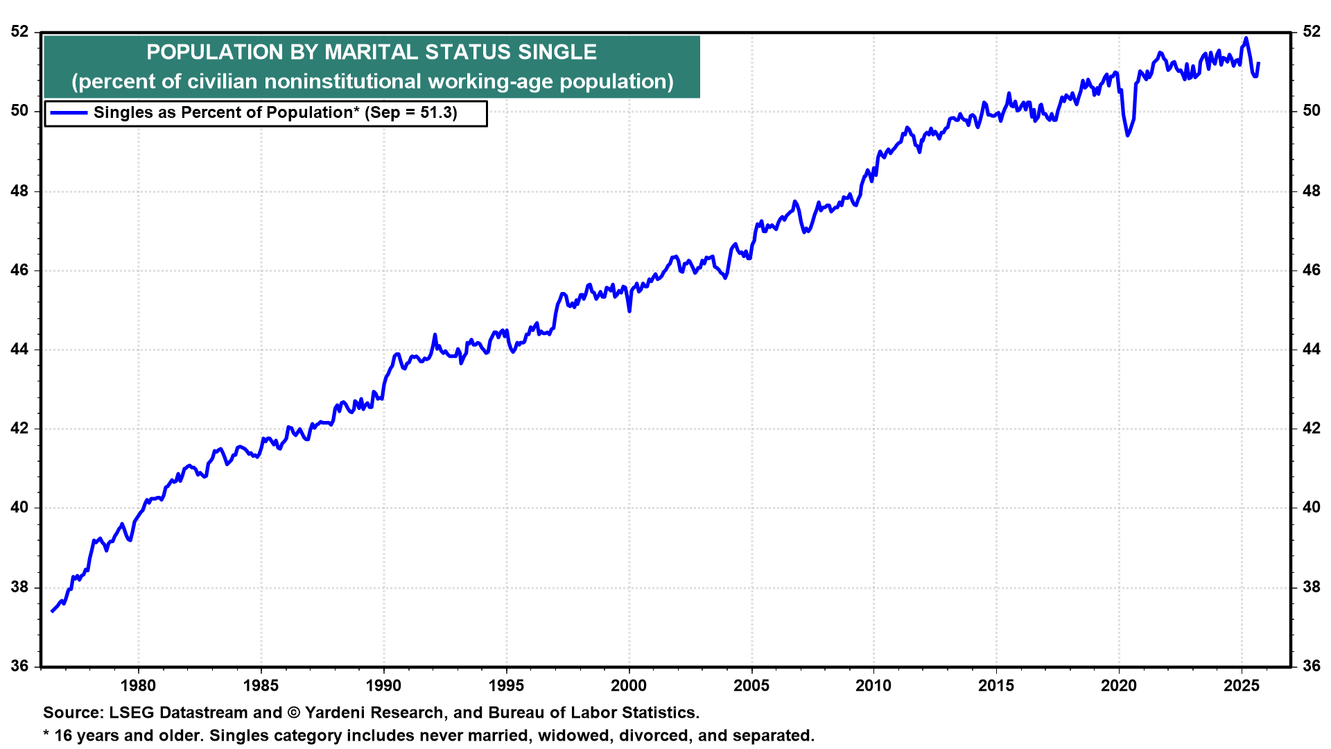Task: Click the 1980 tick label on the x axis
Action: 138,686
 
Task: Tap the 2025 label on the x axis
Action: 1242,686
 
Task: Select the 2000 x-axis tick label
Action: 629,686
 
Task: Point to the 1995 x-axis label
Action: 506,686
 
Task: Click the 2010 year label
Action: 873,686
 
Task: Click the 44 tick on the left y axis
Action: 20,350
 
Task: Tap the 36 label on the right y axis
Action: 1312,666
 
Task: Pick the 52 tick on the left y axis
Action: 20,32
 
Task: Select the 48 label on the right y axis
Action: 1312,191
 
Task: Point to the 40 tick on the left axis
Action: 20,508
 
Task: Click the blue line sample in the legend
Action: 69,113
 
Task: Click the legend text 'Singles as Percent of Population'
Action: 223,113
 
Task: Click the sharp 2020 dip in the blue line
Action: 1128,135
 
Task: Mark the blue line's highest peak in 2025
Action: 1246,39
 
